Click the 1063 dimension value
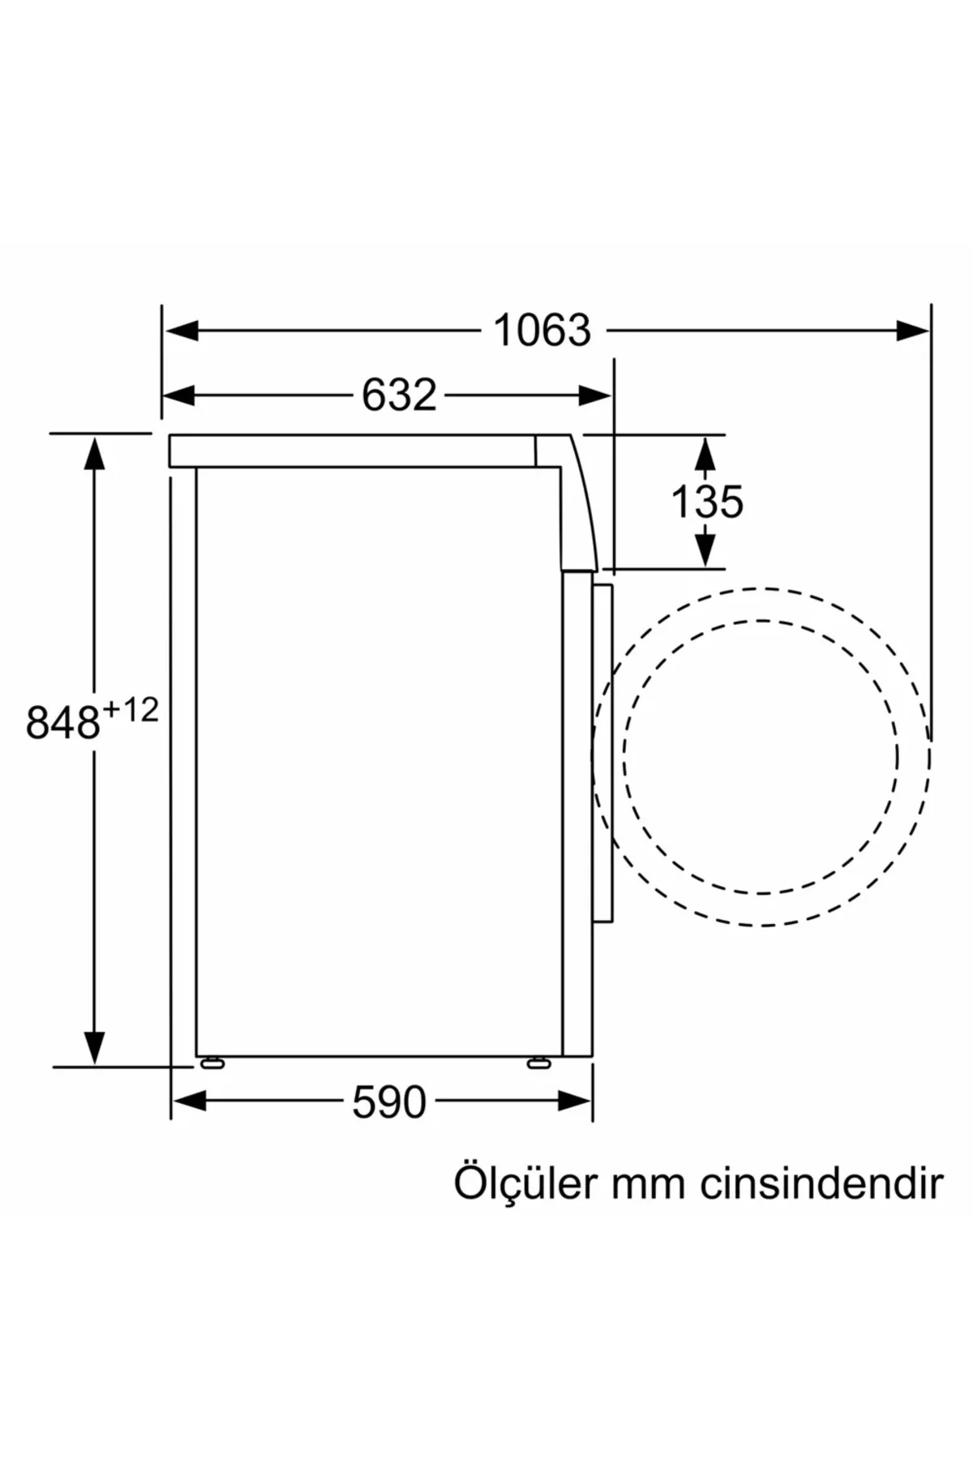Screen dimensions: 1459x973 coord(542,331)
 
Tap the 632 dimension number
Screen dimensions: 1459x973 coord(399,396)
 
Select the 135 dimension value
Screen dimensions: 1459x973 coord(707,502)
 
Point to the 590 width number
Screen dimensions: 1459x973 coord(389,1102)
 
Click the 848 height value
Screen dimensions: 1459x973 coord(63,722)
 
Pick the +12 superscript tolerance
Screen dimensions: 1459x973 coord(131,711)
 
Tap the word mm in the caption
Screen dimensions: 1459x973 coord(649,1184)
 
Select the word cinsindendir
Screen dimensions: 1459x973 coord(821,1183)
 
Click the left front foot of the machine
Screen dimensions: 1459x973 coord(212,1063)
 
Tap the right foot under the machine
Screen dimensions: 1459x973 coord(538,1063)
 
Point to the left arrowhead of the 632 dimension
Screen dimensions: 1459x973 coord(179,396)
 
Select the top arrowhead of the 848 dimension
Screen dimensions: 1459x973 coord(95,452)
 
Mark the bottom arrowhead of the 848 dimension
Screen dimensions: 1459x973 coord(95,1047)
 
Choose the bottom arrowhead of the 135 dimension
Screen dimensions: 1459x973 coord(705,550)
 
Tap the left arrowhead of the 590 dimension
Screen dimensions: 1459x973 coord(190,1101)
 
